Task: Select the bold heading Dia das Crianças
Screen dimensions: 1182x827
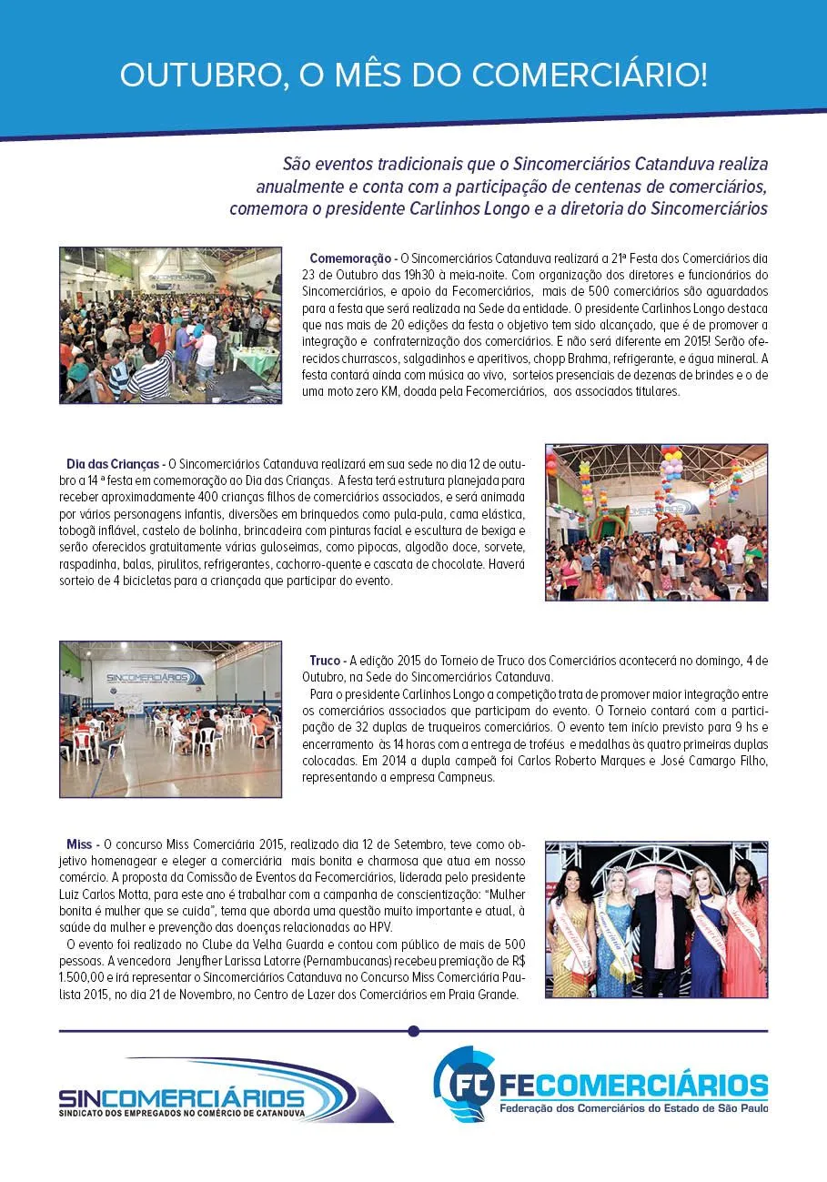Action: tap(115, 464)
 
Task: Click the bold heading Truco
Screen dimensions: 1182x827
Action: tap(325, 660)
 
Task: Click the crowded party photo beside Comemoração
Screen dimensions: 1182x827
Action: tap(170, 325)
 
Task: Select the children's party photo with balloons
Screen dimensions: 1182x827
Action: tap(656, 522)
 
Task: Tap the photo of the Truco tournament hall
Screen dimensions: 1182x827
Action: tap(170, 719)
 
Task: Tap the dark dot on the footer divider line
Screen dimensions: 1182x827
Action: tap(414, 1031)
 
